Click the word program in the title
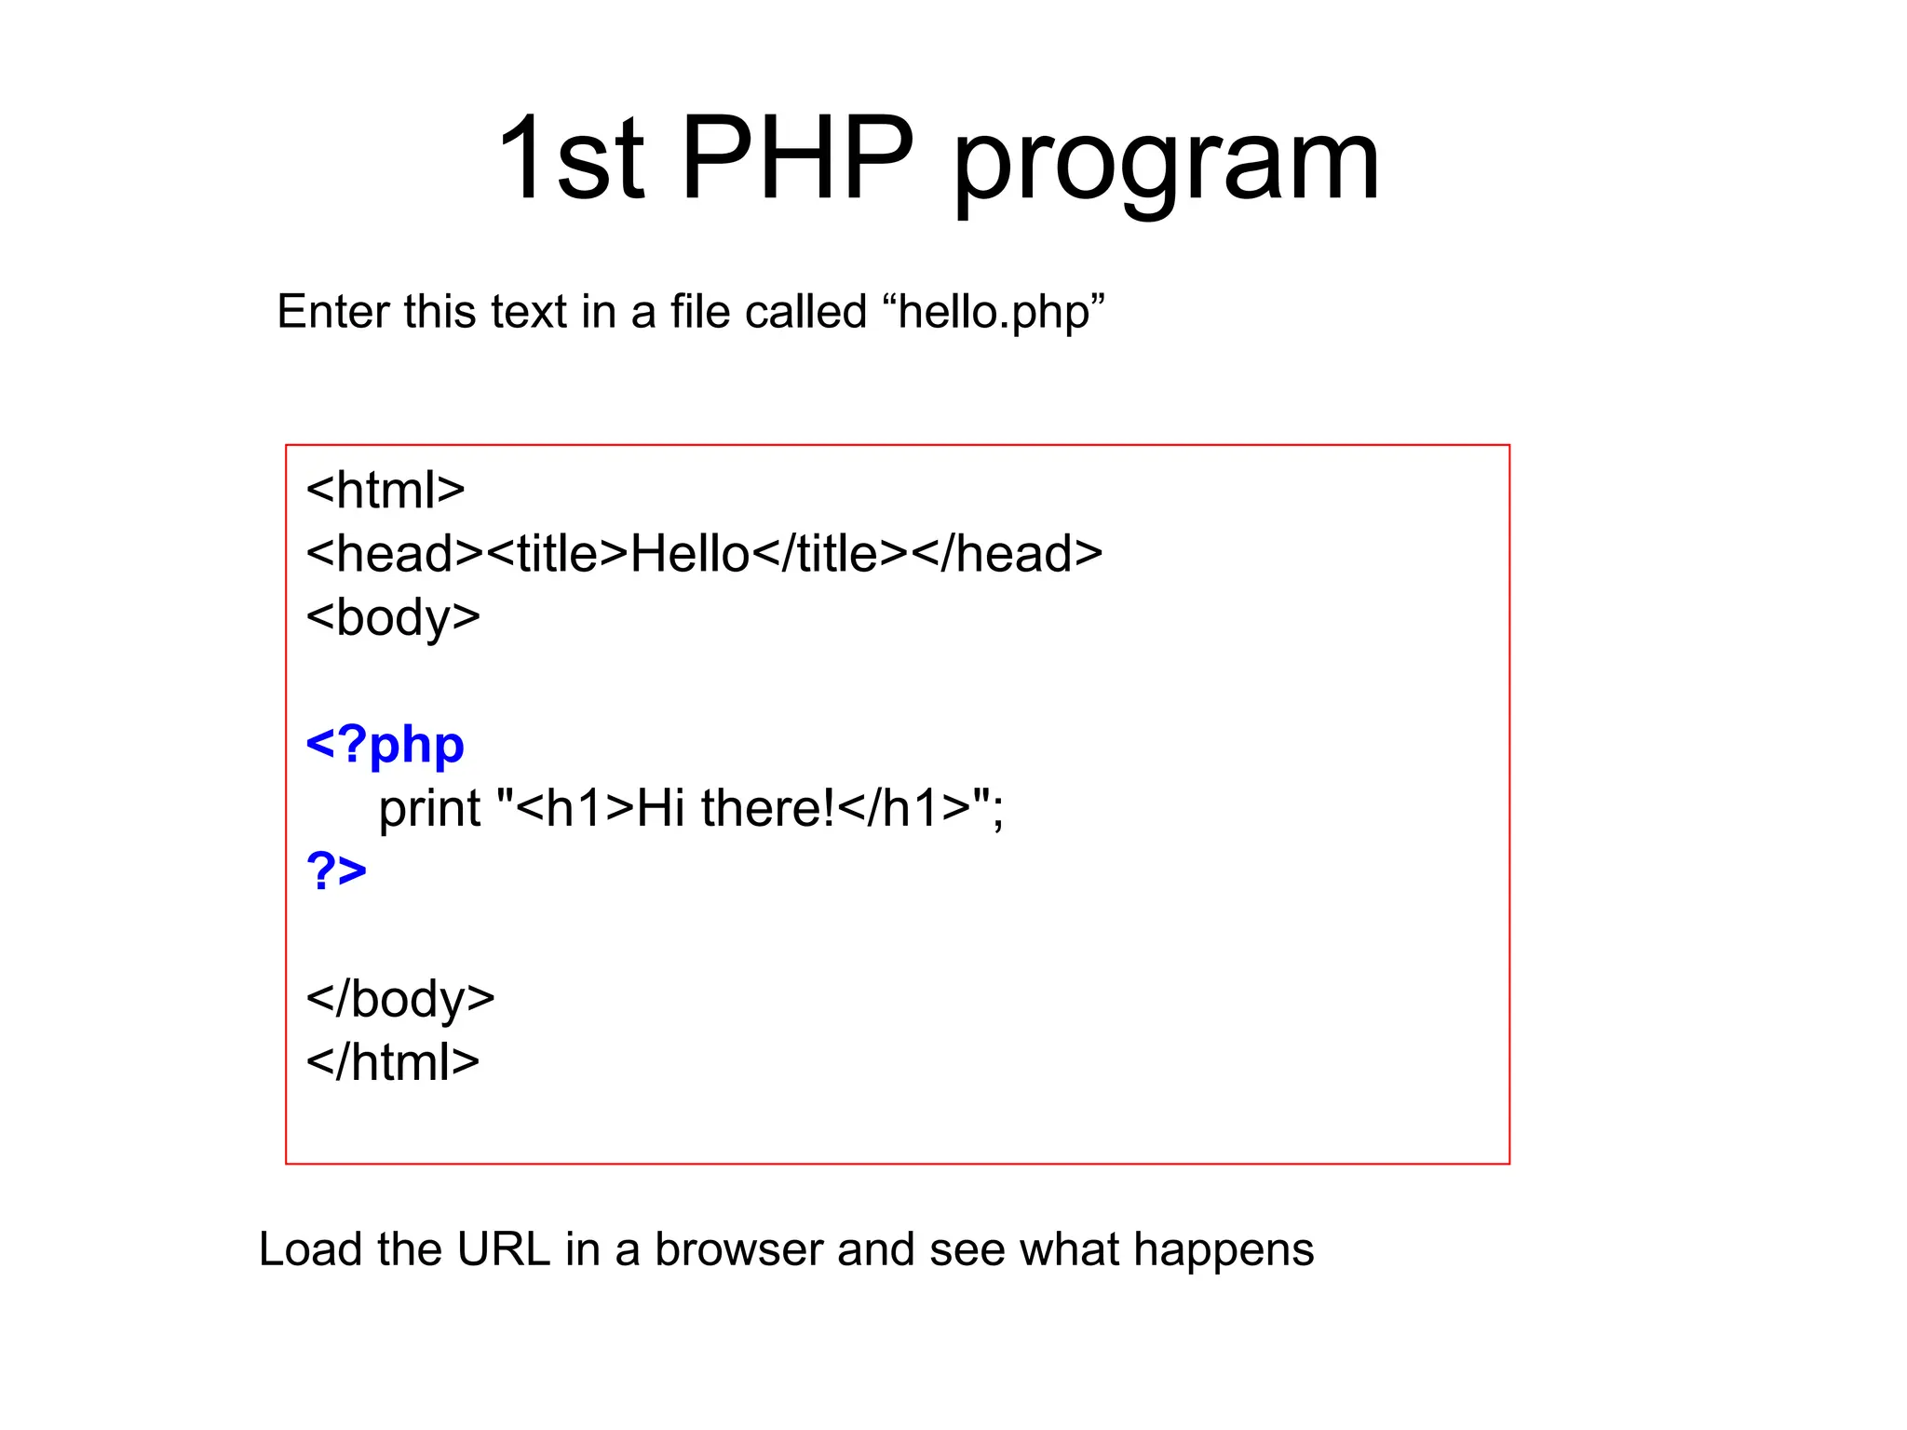click(x=1166, y=166)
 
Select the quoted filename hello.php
click(x=1000, y=313)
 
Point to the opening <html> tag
click(x=385, y=490)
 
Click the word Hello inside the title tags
click(x=690, y=554)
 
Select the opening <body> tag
click(x=393, y=617)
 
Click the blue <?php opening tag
click(x=385, y=745)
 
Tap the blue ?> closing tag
click(x=336, y=871)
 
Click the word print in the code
click(x=429, y=808)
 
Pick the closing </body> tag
click(x=400, y=999)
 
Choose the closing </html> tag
click(x=393, y=1062)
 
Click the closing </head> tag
click(x=1007, y=554)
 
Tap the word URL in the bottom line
click(x=504, y=1249)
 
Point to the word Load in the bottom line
click(x=310, y=1249)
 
